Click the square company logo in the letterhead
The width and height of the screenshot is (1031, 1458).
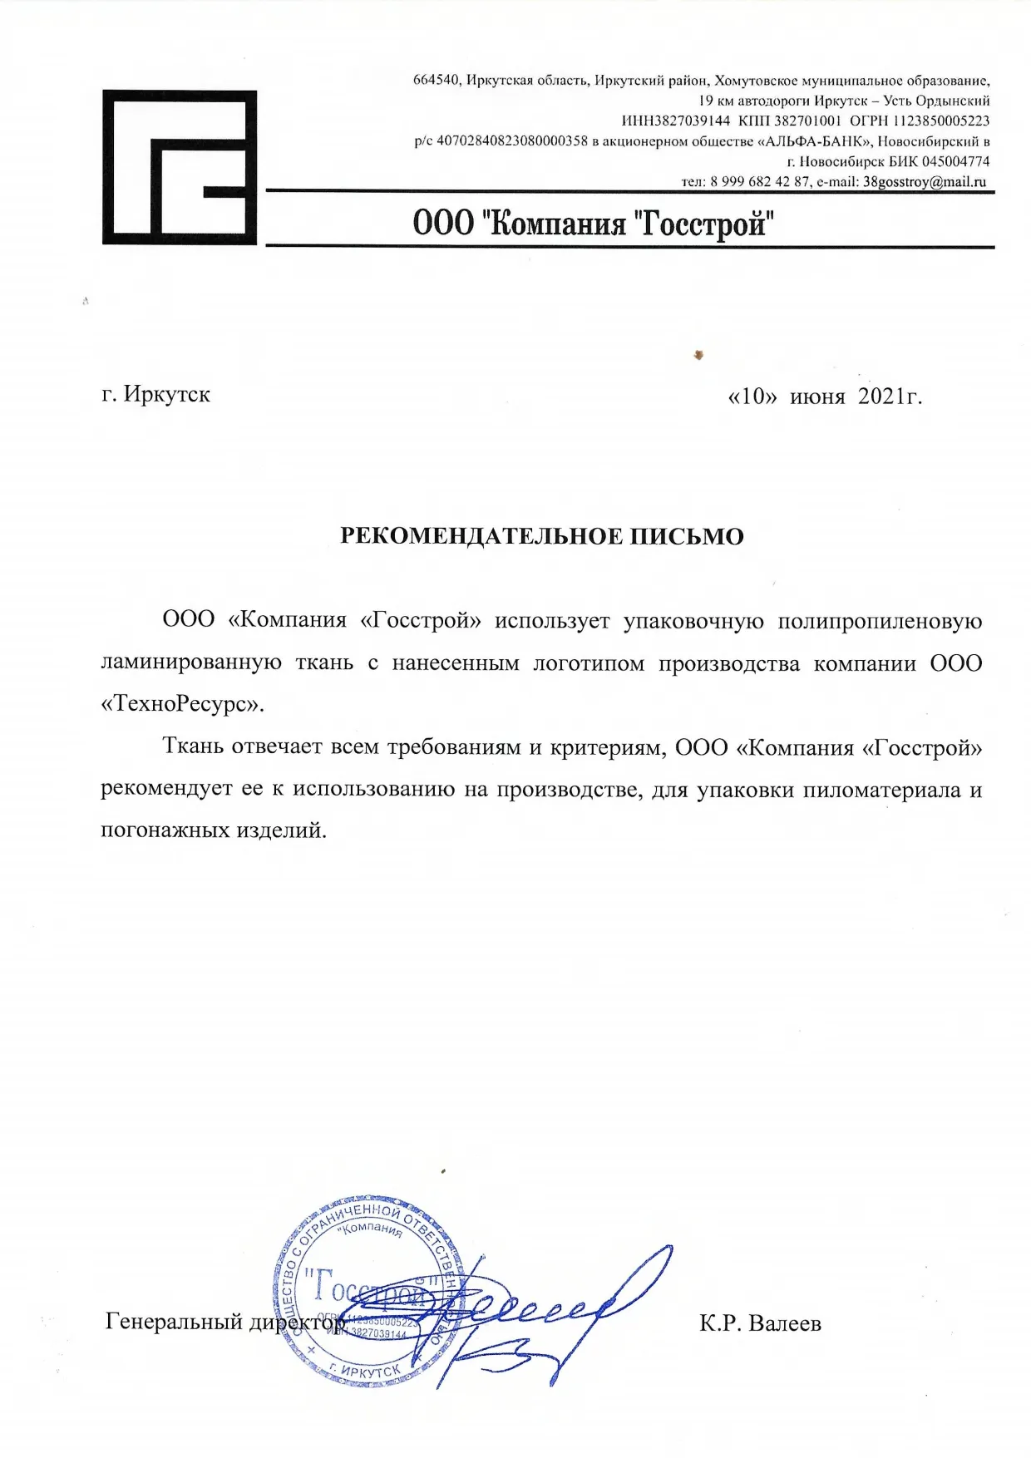point(179,167)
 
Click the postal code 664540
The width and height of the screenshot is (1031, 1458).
point(436,81)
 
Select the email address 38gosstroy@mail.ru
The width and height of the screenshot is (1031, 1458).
point(924,182)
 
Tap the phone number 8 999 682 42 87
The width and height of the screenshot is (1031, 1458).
point(760,182)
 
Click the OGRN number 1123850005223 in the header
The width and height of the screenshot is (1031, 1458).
point(941,121)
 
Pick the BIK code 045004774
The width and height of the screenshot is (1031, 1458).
point(956,161)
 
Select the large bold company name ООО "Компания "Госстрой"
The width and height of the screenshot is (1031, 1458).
point(594,224)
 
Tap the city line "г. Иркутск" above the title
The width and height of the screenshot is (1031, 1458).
point(155,394)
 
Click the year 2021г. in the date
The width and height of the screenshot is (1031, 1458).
point(890,397)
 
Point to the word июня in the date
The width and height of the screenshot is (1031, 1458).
point(816,397)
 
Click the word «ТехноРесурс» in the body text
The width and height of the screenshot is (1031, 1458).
point(181,704)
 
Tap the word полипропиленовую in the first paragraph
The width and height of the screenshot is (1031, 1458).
point(879,621)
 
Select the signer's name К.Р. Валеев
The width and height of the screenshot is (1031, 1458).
point(760,1323)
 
